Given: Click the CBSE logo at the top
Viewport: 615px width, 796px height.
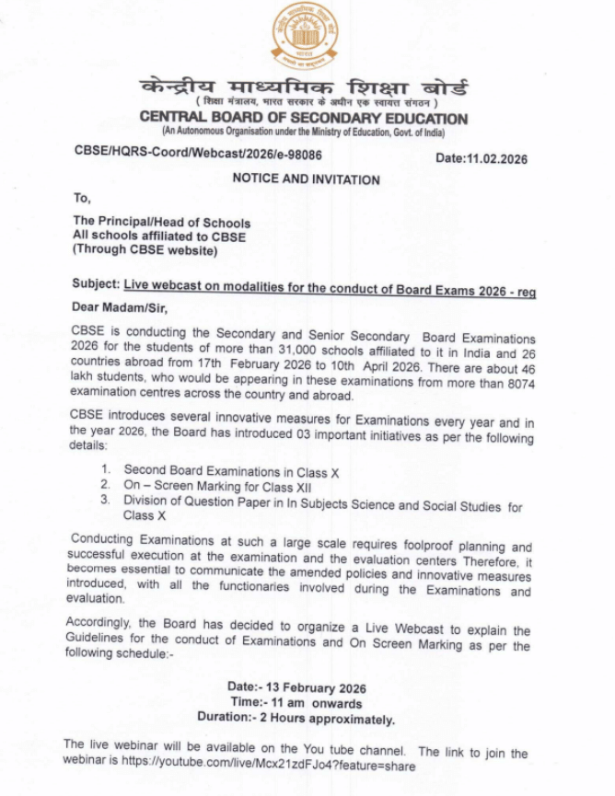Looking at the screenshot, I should [304, 36].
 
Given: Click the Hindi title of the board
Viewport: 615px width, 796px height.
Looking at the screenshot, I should [304, 89].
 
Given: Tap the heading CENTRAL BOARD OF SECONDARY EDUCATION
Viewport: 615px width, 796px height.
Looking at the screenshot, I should [304, 119].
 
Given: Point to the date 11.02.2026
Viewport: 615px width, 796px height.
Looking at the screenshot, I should [481, 158].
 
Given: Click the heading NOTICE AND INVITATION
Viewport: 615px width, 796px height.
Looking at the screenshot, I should [306, 179].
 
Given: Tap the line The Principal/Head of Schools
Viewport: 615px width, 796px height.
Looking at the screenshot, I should [161, 222].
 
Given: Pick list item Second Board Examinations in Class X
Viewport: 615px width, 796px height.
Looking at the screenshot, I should [231, 472].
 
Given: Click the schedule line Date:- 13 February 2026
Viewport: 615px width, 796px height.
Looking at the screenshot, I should [296, 687].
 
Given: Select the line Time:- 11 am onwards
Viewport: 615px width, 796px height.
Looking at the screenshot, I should [296, 703].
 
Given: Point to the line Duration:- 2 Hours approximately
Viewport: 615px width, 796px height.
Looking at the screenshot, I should [296, 719].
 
